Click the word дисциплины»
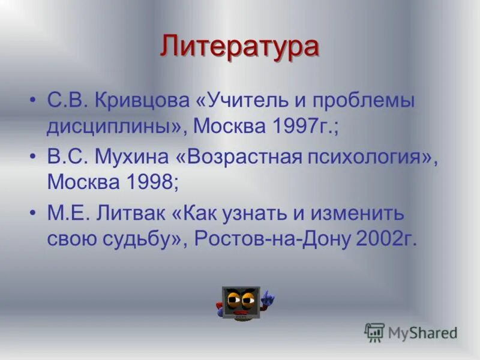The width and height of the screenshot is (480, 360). (x=114, y=127)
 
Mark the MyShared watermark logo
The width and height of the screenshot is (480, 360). (x=411, y=332)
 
